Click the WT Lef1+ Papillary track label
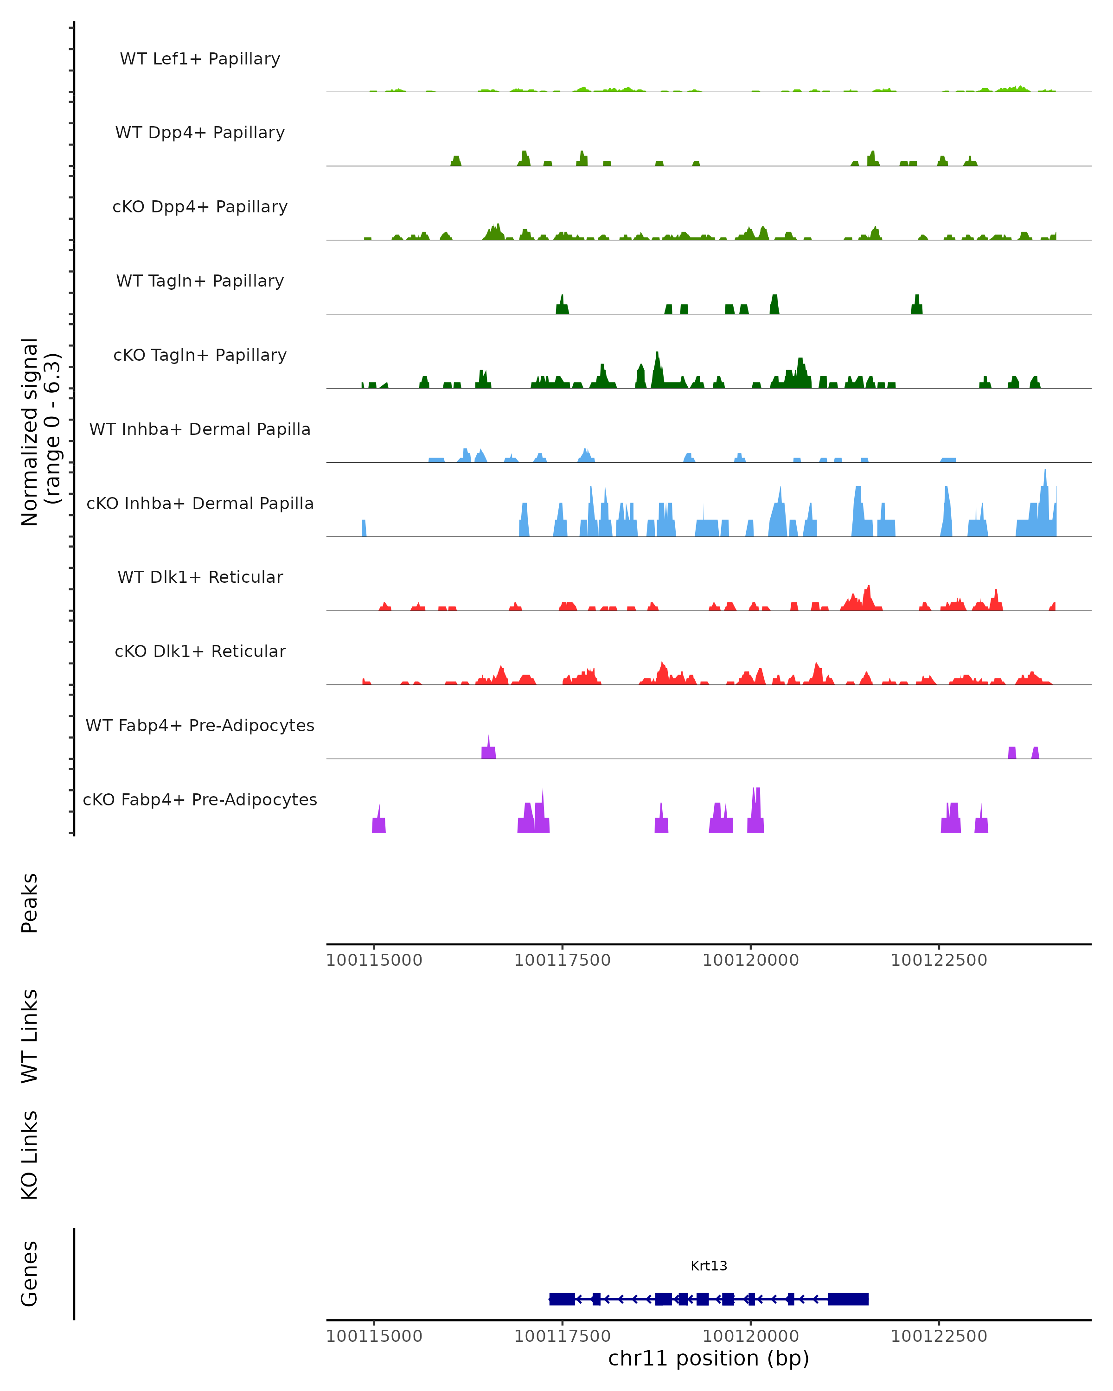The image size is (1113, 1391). click(x=200, y=59)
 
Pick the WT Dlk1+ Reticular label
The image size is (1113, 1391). click(x=200, y=577)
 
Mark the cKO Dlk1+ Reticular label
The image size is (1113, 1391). click(x=200, y=651)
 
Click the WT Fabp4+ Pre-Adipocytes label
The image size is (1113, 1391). click(x=200, y=725)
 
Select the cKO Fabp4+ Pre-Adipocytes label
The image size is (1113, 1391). click(x=200, y=799)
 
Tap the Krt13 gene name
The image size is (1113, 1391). click(x=709, y=1266)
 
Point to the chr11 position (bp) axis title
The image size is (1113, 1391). click(x=709, y=1359)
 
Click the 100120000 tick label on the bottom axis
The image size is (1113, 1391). click(x=750, y=1336)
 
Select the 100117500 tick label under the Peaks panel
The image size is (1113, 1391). click(x=562, y=960)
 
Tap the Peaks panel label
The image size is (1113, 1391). click(x=30, y=903)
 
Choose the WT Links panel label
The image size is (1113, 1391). click(x=30, y=1035)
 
